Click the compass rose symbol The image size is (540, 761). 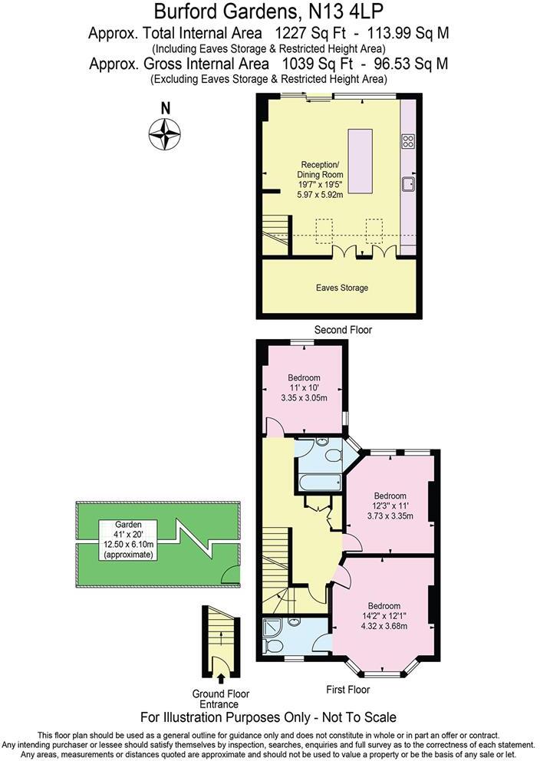coord(164,135)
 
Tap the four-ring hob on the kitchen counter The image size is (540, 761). coord(409,140)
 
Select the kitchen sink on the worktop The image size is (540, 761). coord(409,183)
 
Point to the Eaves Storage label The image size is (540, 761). coord(342,288)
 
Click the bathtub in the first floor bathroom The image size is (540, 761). coord(320,483)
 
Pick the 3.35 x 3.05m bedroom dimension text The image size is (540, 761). coord(305,398)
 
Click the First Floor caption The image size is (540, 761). coord(347,690)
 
